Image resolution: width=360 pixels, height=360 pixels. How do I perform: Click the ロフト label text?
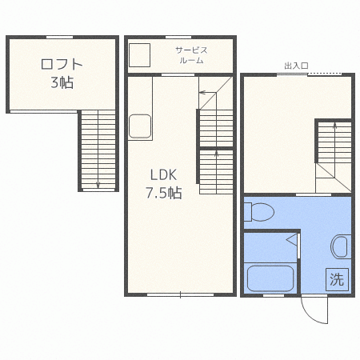click(62, 64)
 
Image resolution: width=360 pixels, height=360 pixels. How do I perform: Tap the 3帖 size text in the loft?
click(62, 82)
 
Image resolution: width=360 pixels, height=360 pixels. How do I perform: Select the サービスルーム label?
click(191, 55)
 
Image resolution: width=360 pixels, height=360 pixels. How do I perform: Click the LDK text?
click(163, 175)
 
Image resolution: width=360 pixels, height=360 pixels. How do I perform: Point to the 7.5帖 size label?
click(164, 193)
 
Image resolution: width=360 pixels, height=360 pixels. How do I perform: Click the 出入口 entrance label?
click(297, 66)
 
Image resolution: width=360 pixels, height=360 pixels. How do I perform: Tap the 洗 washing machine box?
click(337, 279)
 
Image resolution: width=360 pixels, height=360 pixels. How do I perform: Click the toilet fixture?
click(259, 212)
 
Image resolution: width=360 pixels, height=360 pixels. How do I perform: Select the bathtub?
click(270, 278)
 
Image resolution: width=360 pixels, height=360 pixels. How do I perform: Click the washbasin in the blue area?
click(341, 246)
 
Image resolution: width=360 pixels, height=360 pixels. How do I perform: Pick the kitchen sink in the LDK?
click(140, 126)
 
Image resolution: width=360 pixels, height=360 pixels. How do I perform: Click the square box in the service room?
click(139, 55)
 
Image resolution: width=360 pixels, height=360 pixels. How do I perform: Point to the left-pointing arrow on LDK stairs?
click(208, 93)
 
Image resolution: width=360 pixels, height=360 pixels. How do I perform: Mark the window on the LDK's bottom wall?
click(180, 294)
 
